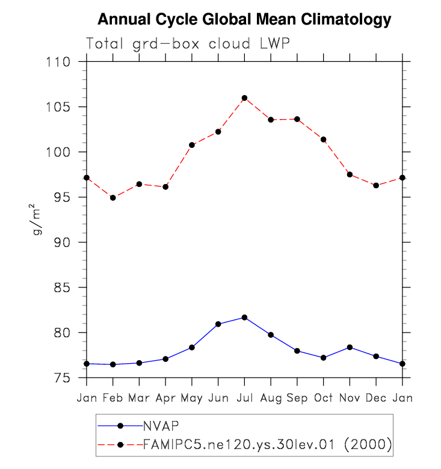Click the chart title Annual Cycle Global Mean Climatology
[x=244, y=20]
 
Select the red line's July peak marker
[x=244, y=98]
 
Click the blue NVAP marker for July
[x=244, y=317]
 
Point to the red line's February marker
[x=113, y=197]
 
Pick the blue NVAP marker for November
[x=350, y=347]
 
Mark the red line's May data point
[x=192, y=145]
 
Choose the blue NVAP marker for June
[x=218, y=324]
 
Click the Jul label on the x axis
[x=244, y=397]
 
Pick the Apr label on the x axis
[x=165, y=397]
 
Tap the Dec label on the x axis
[x=376, y=397]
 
